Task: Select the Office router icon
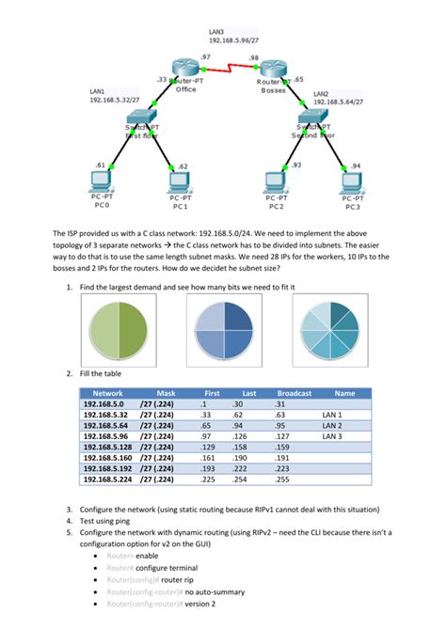187,69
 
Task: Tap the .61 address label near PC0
100,165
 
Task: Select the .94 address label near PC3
355,166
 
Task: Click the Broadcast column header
295,393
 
